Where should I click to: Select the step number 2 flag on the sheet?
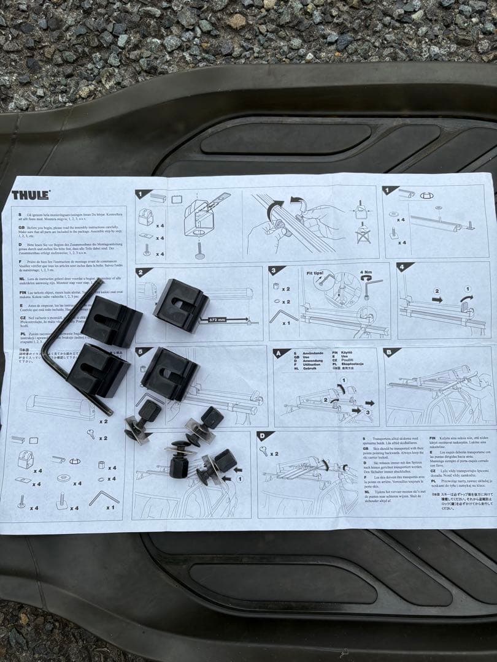(x=144, y=272)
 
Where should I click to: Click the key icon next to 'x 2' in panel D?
(x=263, y=451)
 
